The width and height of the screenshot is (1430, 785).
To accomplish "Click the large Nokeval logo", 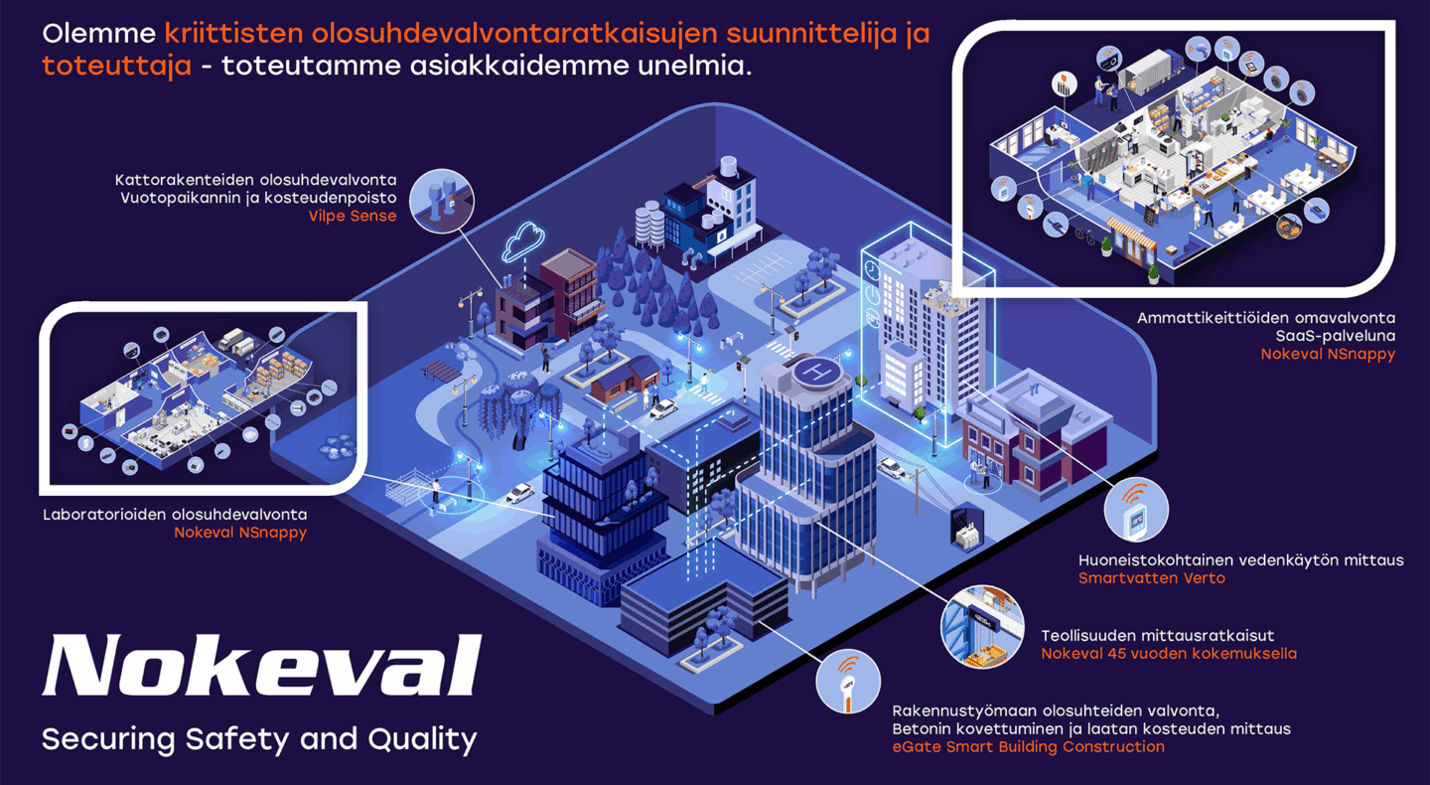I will point(261,666).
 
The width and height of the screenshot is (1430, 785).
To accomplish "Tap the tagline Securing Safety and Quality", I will point(259,738).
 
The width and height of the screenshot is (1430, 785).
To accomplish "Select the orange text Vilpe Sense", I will point(352,216).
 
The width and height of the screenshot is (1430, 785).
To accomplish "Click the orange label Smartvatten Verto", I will point(1152,577).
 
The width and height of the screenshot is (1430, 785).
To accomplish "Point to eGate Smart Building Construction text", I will point(1028,746).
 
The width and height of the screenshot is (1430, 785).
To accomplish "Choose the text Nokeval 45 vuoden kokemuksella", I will point(1169,653).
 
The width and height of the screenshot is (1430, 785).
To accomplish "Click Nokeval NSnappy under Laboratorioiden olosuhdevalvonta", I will point(240,532).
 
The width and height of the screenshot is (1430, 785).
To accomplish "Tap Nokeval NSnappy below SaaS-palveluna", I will point(1328,354).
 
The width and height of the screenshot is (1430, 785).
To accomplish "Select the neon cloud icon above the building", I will point(524,239).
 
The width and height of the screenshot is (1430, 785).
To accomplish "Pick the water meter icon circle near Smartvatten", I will point(1136,512).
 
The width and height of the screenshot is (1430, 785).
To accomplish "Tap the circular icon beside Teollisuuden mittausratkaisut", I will point(982,626).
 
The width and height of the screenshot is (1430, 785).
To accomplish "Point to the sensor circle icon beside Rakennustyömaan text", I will point(847,683).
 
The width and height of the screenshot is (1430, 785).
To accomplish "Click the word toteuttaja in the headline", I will point(116,67).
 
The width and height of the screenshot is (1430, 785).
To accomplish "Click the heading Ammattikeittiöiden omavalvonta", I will point(1266,318).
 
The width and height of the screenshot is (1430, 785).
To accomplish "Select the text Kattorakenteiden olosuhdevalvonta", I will point(256,180).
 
